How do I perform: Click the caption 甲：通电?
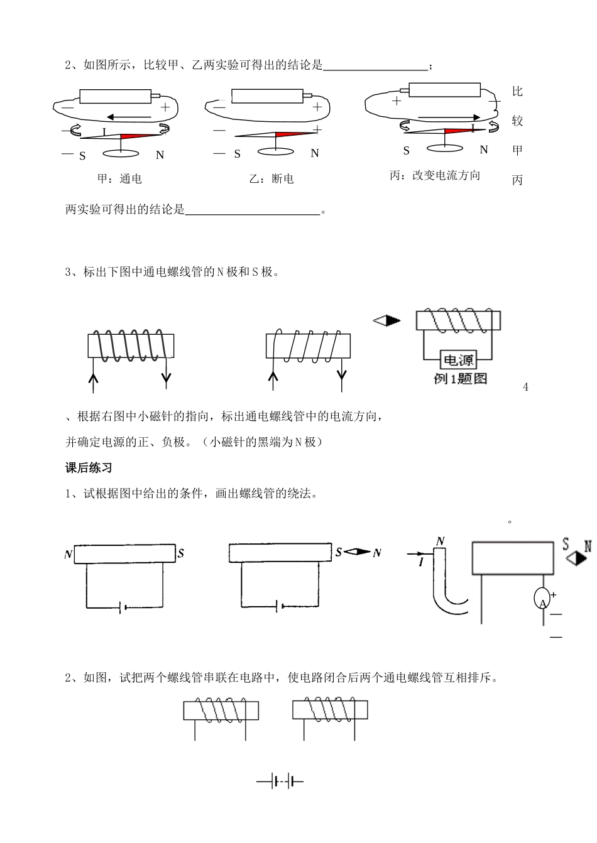pos(119,179)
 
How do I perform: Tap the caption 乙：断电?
pos(271,179)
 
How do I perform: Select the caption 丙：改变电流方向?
pos(435,176)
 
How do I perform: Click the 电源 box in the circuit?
pos(459,360)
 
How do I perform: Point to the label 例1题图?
pos(460,379)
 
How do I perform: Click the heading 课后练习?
pos(89,468)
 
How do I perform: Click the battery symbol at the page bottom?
pos(280,782)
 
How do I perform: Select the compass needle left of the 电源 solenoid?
pos(387,320)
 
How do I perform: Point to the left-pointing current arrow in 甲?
pos(128,116)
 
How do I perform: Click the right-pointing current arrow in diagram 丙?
pos(449,117)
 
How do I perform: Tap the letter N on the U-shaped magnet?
pos(441,541)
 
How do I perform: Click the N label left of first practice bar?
pos(68,555)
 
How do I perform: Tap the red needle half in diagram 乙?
pos(295,134)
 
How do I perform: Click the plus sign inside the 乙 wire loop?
pos(317,107)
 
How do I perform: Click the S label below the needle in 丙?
pos(407,151)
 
